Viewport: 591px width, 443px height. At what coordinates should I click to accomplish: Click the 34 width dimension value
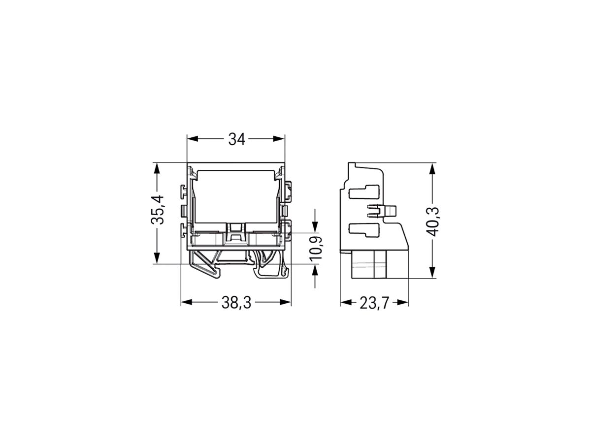(236, 140)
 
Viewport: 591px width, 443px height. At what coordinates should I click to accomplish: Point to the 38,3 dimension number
(236, 303)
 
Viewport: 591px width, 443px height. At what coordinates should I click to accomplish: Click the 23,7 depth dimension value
(374, 303)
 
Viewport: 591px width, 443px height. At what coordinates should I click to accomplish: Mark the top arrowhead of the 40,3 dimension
(432, 168)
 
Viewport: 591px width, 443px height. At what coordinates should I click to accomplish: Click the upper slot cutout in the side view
(364, 191)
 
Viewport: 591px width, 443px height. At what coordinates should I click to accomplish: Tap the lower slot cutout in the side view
(364, 229)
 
